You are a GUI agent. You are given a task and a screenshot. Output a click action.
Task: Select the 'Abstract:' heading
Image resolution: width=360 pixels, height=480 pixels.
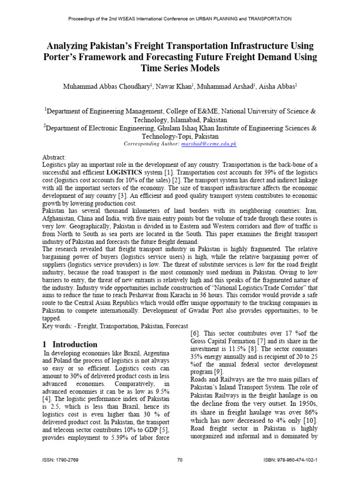pos(54,157)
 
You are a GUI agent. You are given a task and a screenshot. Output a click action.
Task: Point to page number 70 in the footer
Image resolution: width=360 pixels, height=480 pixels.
pos(180,460)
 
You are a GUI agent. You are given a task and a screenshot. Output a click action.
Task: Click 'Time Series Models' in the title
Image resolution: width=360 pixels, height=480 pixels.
pos(180,68)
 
